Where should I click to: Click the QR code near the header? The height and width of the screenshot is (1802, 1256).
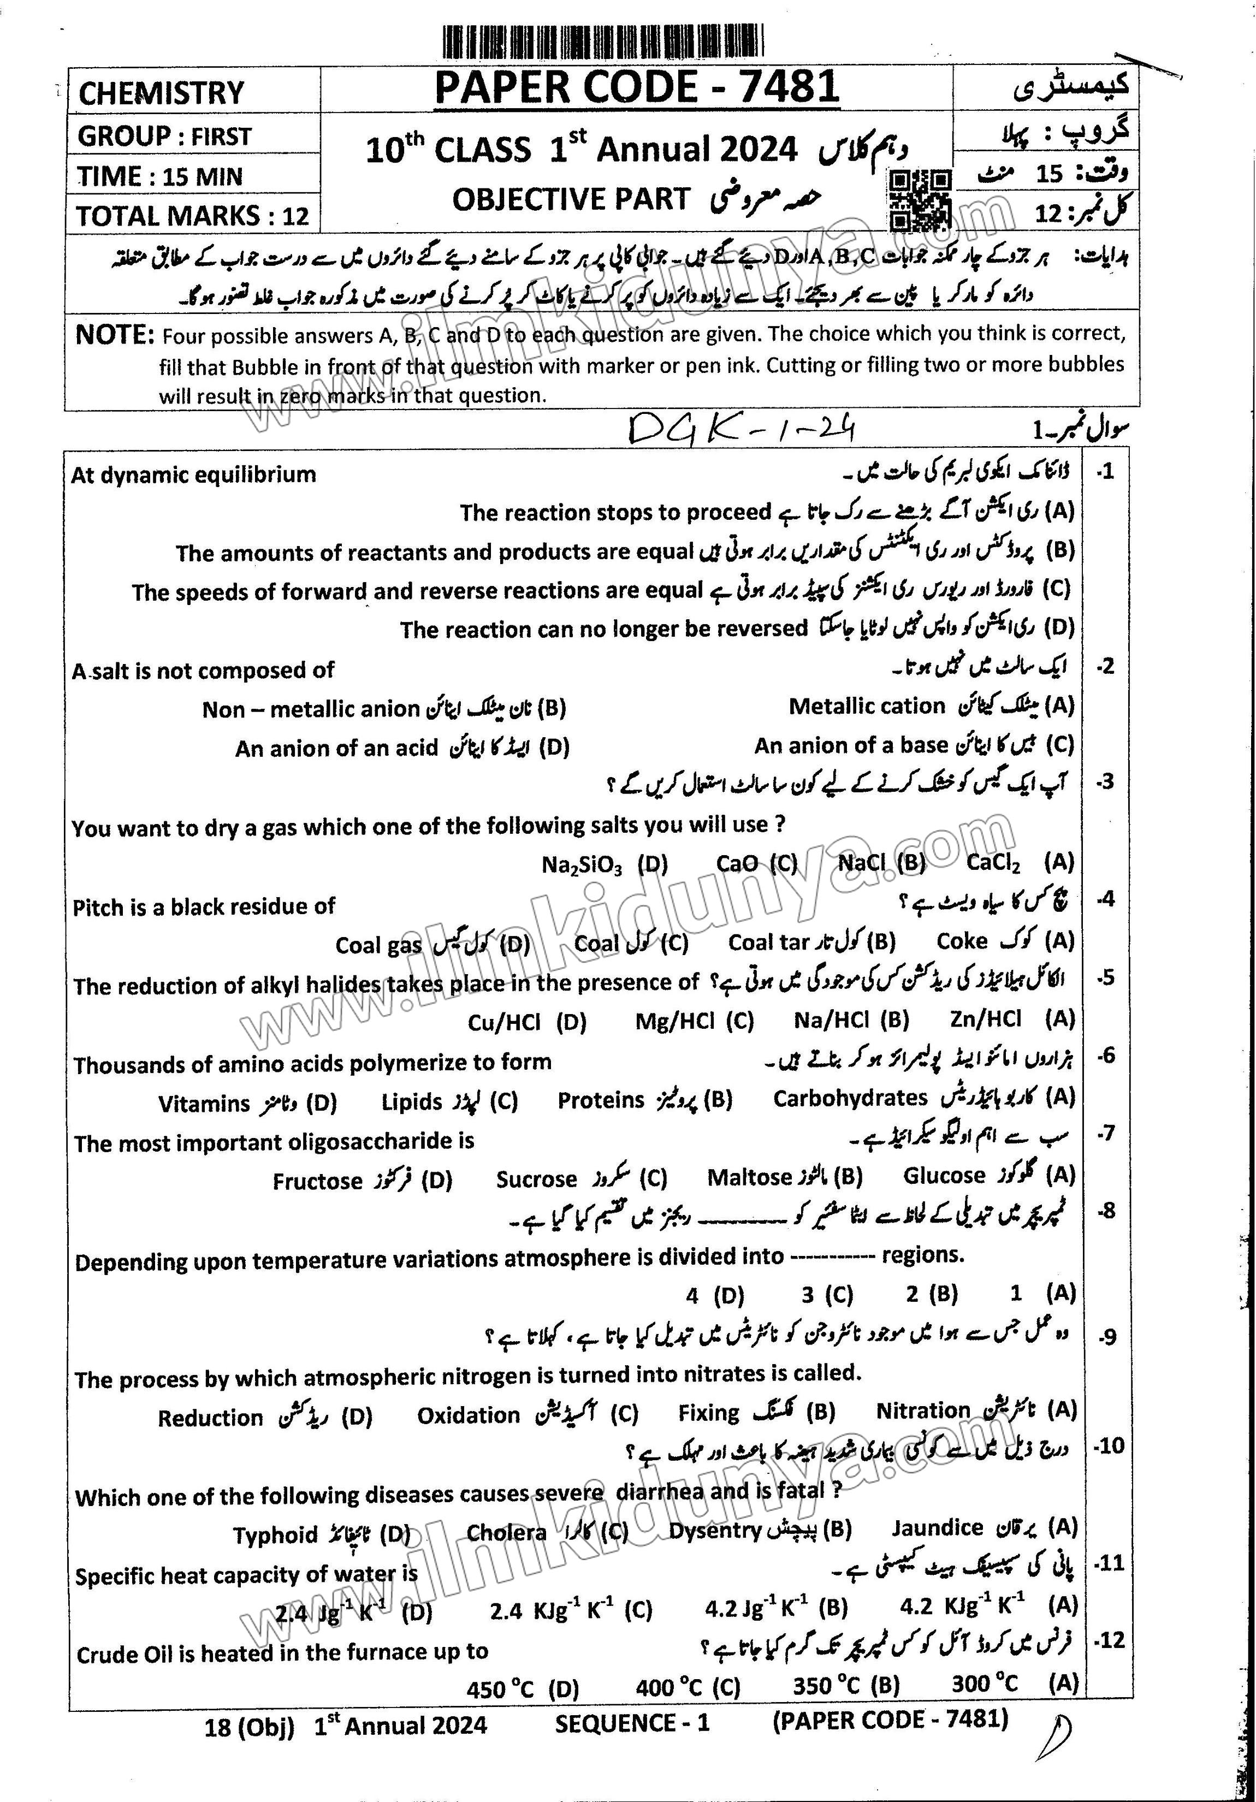(x=919, y=199)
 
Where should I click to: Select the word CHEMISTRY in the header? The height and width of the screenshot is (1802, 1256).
(x=162, y=93)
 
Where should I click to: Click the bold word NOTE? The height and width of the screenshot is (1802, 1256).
(x=114, y=335)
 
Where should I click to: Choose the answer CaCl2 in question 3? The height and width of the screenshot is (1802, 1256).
(x=993, y=863)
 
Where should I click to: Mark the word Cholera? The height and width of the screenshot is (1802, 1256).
(x=506, y=1532)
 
